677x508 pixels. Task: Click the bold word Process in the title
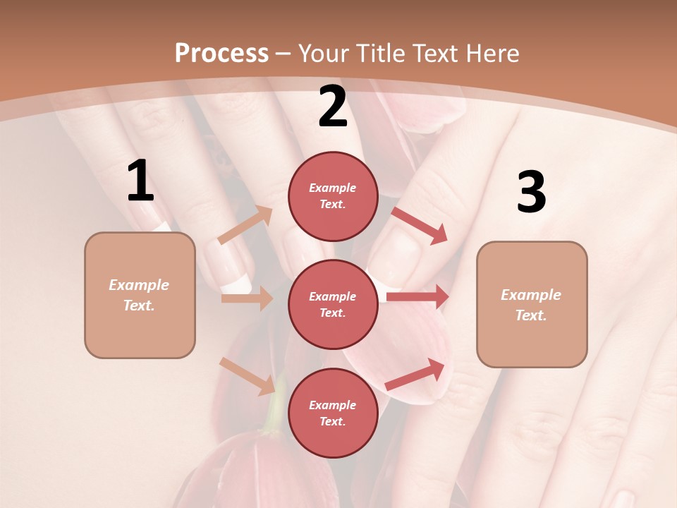click(x=221, y=53)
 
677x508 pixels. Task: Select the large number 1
click(x=140, y=181)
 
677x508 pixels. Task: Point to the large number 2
click(x=333, y=107)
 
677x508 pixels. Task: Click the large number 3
click(x=531, y=193)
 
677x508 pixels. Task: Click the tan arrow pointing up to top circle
click(x=245, y=225)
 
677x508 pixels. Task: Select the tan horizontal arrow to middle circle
click(x=246, y=298)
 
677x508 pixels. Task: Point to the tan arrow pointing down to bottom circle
click(x=247, y=376)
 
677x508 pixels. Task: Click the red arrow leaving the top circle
click(x=420, y=226)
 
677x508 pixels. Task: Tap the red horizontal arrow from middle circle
click(x=417, y=296)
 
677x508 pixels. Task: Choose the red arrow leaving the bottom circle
click(x=415, y=374)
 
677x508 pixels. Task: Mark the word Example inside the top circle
click(x=333, y=188)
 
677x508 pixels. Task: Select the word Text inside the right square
click(x=531, y=315)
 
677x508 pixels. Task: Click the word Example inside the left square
click(x=139, y=285)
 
